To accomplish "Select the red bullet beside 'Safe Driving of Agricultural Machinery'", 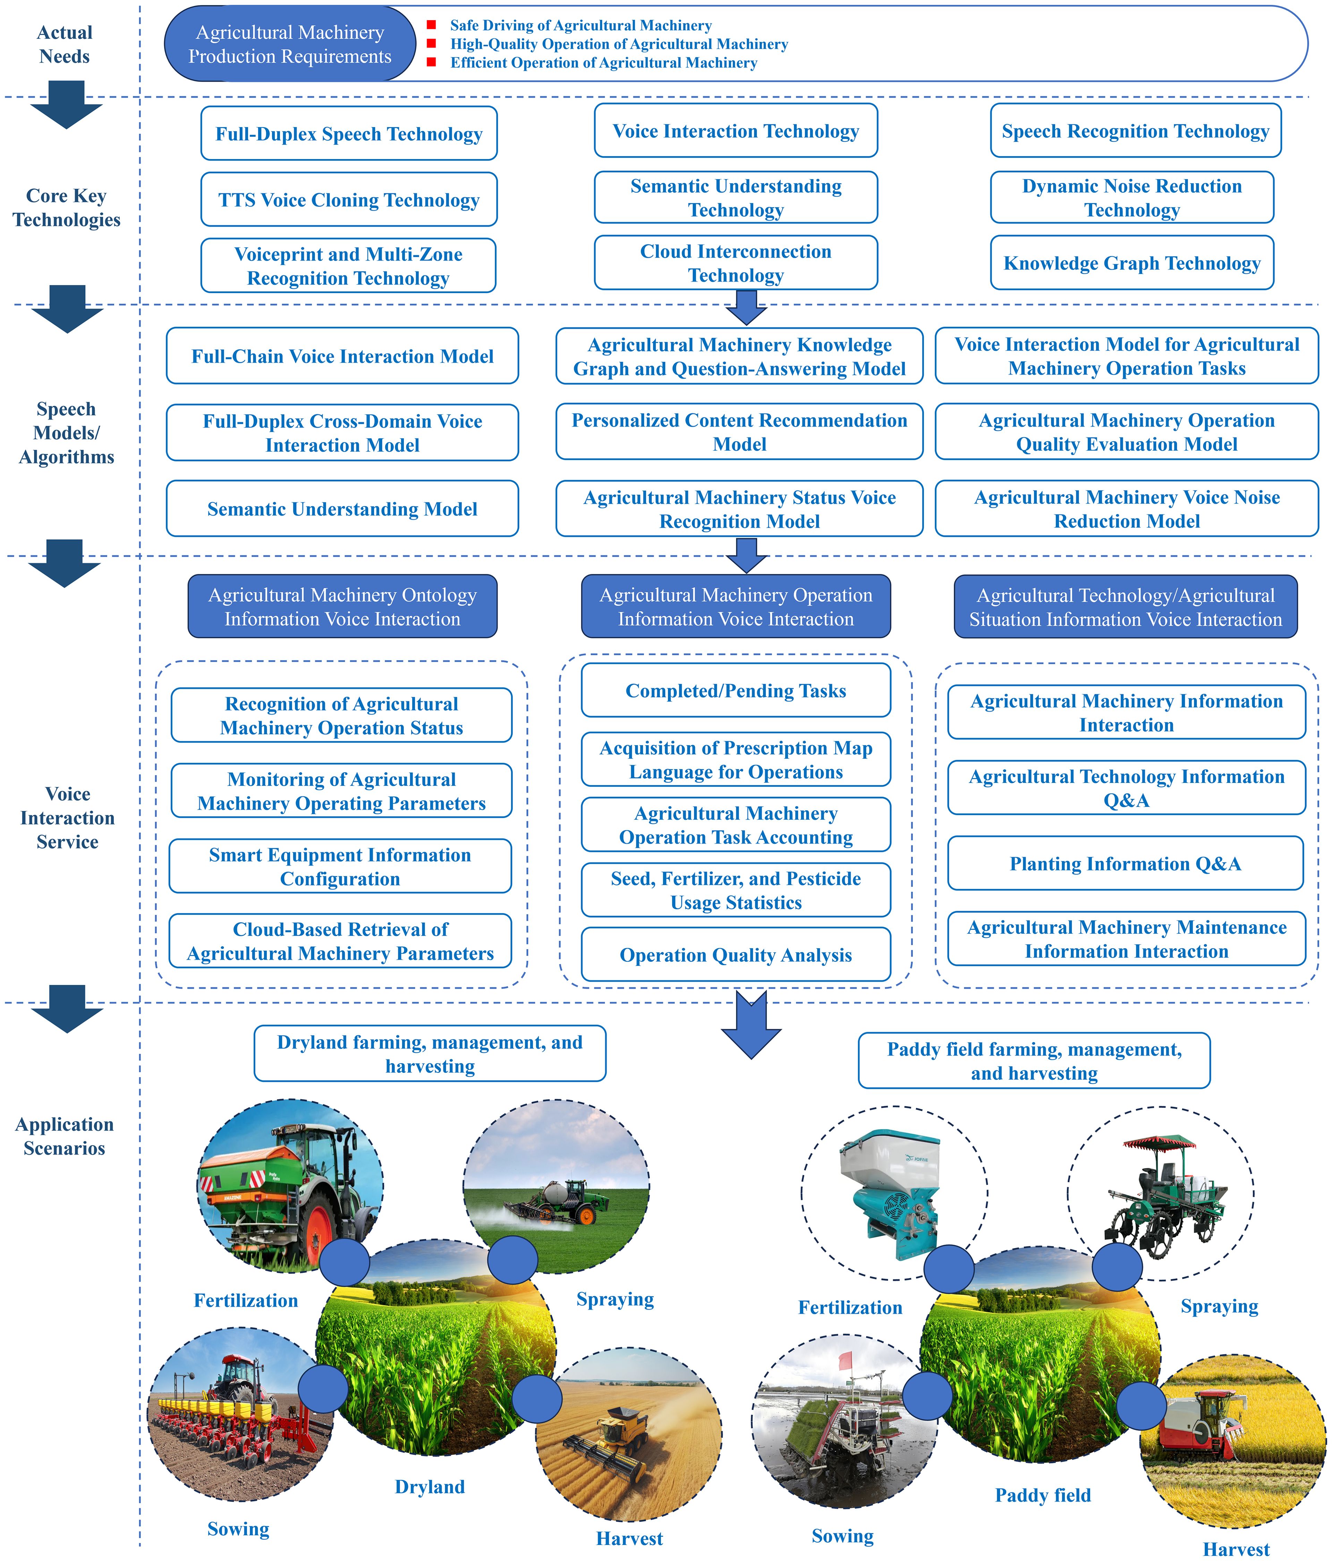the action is pyautogui.click(x=431, y=25).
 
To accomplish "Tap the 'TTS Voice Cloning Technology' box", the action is pyautogui.click(x=349, y=200).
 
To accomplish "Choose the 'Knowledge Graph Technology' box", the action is pyautogui.click(x=1132, y=263).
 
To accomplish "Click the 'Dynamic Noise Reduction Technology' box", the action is pyautogui.click(x=1132, y=198).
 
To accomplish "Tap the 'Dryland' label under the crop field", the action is pyautogui.click(x=430, y=1486).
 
